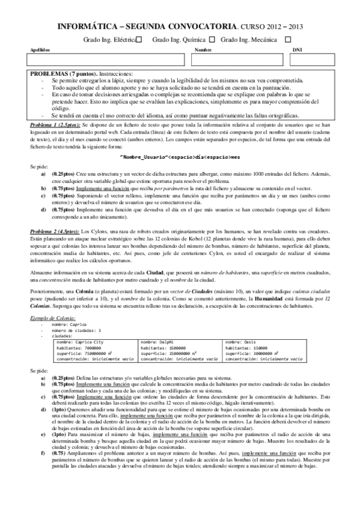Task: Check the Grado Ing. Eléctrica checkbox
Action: click(139, 39)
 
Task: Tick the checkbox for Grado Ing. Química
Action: click(211, 39)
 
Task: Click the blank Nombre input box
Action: click(240, 60)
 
